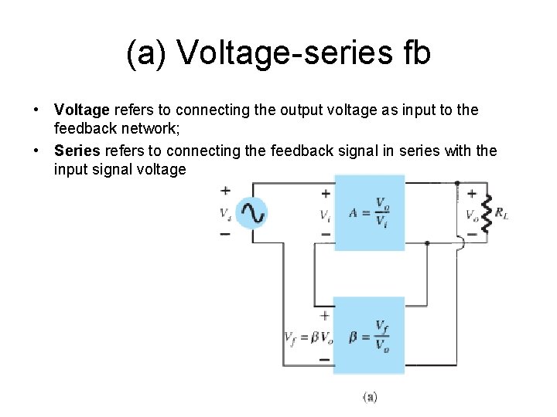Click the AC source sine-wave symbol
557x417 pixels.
coord(251,212)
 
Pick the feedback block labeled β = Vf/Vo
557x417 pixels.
coord(369,335)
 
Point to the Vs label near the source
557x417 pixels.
coord(224,212)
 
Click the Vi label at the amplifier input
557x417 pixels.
coord(326,215)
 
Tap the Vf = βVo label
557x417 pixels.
coord(309,337)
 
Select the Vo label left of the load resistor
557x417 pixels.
coord(470,215)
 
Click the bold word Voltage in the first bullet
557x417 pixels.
coord(82,110)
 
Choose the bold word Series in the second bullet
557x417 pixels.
coord(77,150)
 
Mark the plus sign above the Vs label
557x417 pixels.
coord(225,191)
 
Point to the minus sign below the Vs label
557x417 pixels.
coord(225,232)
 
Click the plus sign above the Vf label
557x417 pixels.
coord(324,315)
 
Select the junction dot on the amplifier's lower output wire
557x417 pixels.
coord(427,242)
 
